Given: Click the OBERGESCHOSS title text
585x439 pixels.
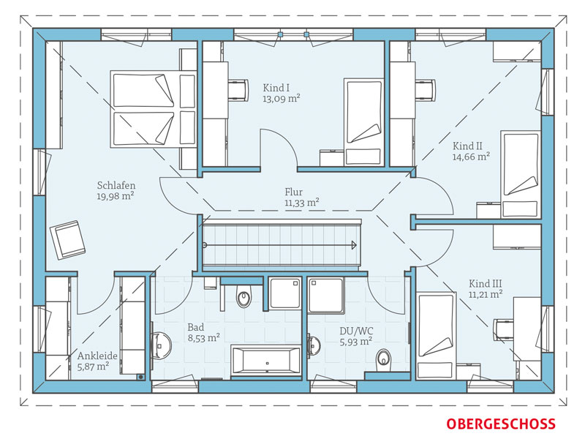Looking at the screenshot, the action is click(501, 424).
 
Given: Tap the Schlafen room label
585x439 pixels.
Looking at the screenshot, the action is click(116, 186).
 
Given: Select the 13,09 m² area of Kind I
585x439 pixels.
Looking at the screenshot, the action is click(282, 99).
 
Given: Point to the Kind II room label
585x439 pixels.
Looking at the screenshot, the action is click(467, 146).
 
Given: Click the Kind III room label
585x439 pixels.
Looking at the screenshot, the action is click(486, 283).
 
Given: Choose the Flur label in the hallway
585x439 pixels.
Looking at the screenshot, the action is click(294, 192).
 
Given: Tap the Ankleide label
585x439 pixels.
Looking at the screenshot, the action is click(97, 356).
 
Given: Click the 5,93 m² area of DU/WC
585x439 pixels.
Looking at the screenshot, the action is click(356, 342).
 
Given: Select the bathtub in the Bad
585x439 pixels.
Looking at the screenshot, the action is click(266, 360).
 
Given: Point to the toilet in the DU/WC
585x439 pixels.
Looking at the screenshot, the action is click(383, 359).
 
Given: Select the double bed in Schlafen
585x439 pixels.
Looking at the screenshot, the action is click(153, 109).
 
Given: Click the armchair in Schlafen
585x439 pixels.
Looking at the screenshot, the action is click(67, 239).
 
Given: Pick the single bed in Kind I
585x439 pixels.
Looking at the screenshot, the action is click(363, 121).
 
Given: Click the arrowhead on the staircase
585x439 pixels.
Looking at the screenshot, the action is click(354, 245).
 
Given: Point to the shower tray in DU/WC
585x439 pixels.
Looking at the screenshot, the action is click(325, 296).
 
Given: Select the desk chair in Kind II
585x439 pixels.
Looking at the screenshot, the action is click(426, 90).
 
